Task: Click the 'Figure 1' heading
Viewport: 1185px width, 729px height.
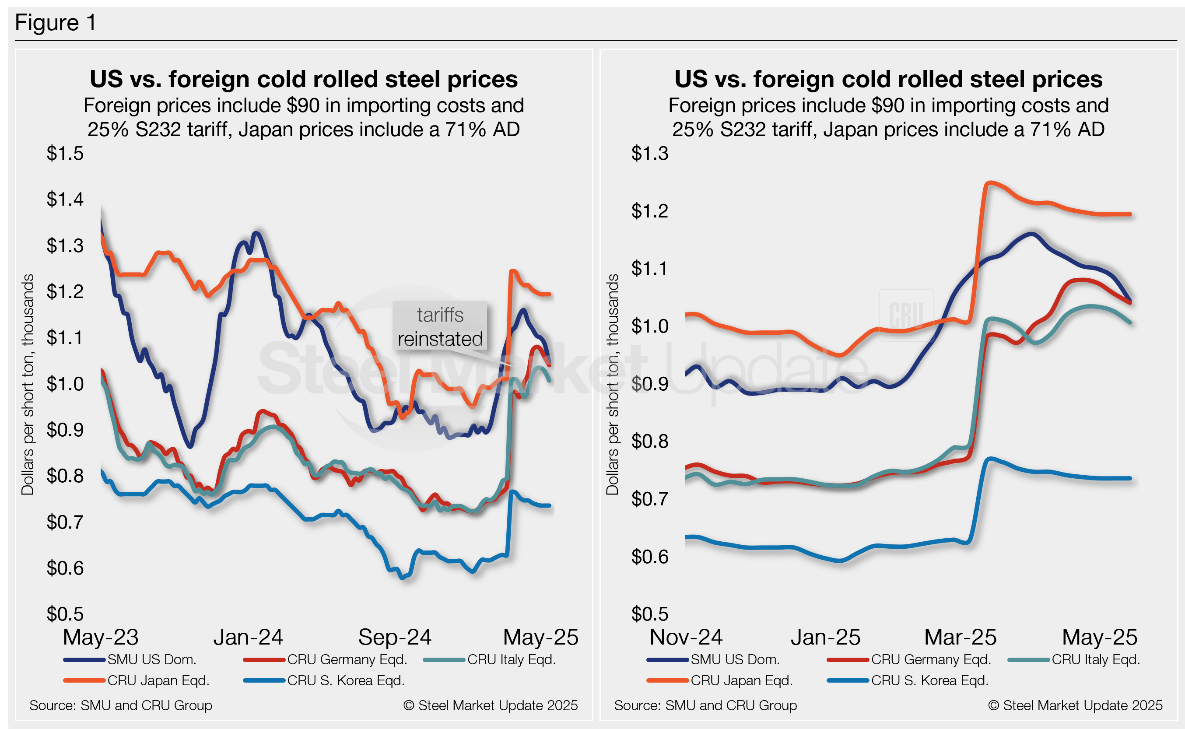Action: click(56, 23)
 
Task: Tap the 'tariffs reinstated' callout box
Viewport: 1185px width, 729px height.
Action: click(440, 326)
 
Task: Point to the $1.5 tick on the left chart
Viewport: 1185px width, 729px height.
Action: click(65, 153)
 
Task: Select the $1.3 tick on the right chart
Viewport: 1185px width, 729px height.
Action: click(649, 153)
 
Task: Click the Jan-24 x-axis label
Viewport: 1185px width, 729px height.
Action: click(248, 637)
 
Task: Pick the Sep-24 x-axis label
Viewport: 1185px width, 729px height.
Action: click(394, 637)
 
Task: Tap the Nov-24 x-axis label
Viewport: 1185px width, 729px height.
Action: click(686, 637)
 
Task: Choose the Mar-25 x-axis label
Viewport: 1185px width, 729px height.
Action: click(960, 637)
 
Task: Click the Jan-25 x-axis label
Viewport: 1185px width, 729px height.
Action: click(825, 637)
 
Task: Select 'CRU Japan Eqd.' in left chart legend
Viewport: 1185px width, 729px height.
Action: click(158, 680)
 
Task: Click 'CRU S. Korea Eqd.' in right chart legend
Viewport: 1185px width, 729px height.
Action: click(929, 680)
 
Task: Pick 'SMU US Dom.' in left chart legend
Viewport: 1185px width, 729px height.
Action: click(151, 659)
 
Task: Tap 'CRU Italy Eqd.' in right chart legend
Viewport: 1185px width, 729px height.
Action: click(1095, 659)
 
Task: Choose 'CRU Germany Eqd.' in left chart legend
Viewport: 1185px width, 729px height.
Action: click(347, 659)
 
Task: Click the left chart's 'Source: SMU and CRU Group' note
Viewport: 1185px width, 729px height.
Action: click(120, 705)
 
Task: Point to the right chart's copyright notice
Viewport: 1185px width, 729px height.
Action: click(1075, 705)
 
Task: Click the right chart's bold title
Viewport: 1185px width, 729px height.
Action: click(888, 79)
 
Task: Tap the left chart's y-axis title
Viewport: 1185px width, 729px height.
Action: click(28, 384)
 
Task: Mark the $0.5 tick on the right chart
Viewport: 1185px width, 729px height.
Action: click(649, 614)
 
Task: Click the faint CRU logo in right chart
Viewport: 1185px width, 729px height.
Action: click(906, 315)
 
